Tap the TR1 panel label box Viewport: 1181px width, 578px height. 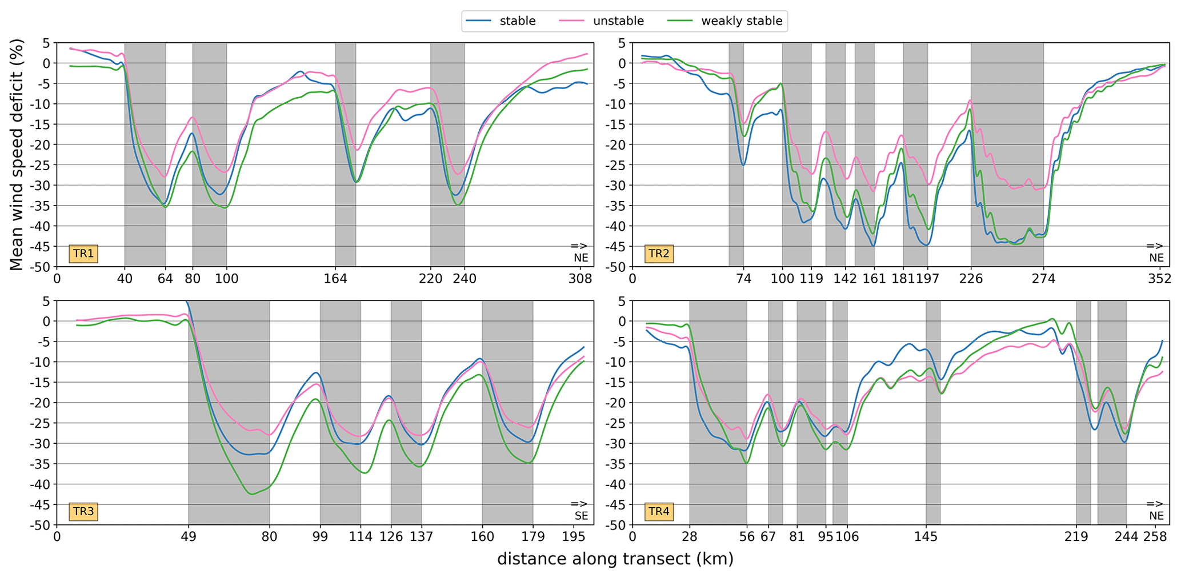83,254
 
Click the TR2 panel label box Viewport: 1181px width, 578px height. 659,254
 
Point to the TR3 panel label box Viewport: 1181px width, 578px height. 83,511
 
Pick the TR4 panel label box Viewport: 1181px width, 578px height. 659,511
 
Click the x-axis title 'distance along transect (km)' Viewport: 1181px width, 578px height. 615,559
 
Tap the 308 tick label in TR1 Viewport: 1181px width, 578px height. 581,279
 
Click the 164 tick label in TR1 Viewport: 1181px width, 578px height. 335,279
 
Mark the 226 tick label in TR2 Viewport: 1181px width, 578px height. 971,279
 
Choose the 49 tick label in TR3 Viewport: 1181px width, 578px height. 189,537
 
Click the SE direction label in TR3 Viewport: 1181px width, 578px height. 581,516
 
